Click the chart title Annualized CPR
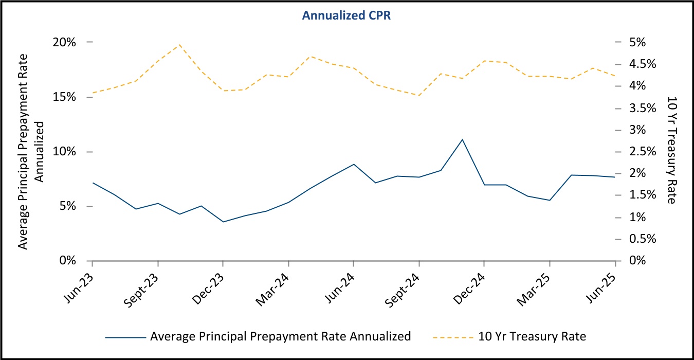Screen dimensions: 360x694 coord(347,15)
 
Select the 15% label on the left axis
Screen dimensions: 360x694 coord(65,97)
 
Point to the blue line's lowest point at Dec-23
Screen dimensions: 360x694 coord(223,222)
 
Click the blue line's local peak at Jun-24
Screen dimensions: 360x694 coord(354,164)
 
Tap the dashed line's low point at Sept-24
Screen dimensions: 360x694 coord(419,95)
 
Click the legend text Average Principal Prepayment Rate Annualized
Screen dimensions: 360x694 coord(280,337)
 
